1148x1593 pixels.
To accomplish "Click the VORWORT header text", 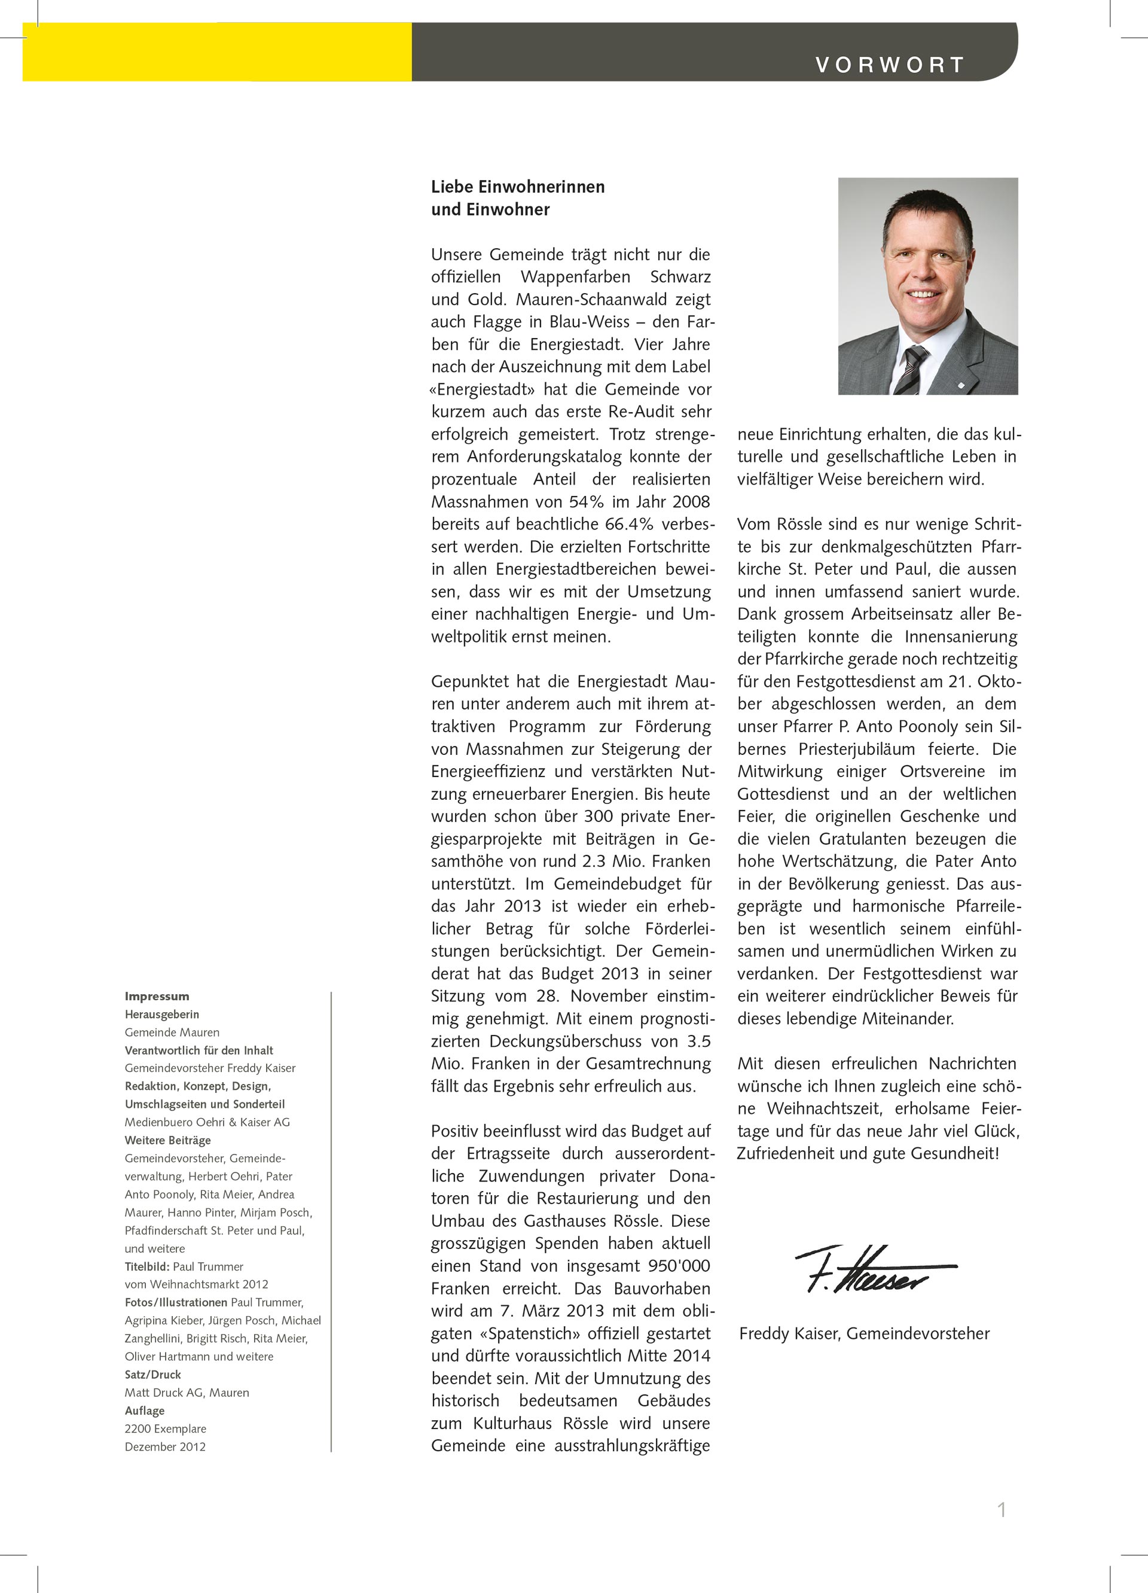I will point(890,65).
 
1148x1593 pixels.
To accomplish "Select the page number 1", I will point(1002,1509).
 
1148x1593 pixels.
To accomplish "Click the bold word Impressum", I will point(157,996).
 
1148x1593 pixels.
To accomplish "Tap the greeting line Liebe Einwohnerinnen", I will point(517,187).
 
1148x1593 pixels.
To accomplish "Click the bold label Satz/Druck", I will point(152,1375).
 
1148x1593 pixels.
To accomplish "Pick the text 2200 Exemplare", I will point(165,1428).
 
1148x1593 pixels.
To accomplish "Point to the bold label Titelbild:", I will point(148,1266).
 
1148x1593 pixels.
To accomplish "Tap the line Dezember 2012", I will point(165,1446).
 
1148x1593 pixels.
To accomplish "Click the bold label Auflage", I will point(145,1411).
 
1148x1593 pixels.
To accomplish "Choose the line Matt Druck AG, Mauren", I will point(187,1392).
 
